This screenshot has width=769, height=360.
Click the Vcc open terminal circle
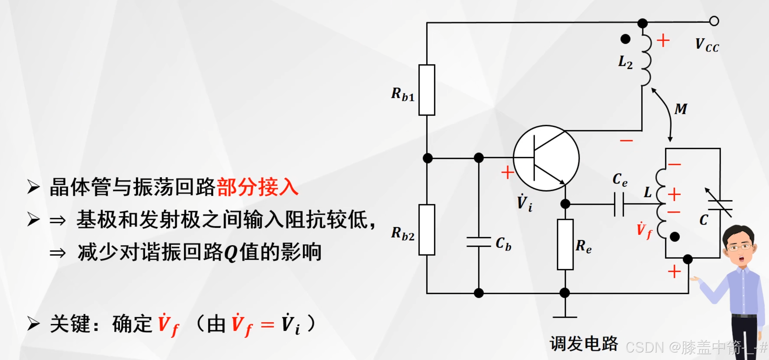[714, 21]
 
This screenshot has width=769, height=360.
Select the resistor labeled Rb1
[427, 90]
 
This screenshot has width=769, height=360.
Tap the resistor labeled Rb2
[427, 230]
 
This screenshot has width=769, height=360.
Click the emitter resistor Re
[565, 244]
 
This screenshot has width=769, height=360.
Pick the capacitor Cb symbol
[479, 242]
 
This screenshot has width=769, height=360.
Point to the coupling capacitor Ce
[619, 205]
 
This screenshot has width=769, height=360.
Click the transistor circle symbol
[546, 158]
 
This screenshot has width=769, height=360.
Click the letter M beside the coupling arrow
[681, 109]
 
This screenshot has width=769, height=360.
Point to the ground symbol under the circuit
[565, 317]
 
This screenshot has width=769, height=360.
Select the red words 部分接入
[258, 187]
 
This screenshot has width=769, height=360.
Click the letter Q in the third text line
[231, 254]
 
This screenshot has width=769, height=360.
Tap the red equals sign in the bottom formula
[268, 325]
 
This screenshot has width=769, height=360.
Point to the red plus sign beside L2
[663, 41]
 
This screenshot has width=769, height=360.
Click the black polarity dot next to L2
[625, 39]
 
